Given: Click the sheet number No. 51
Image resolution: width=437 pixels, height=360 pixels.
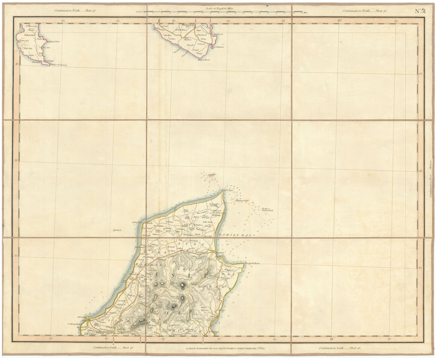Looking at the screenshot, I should click(420, 11).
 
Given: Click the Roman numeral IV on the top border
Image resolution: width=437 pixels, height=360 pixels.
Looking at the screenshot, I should click(332, 20).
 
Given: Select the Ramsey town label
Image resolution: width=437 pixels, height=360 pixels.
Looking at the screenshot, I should click(218, 253).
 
